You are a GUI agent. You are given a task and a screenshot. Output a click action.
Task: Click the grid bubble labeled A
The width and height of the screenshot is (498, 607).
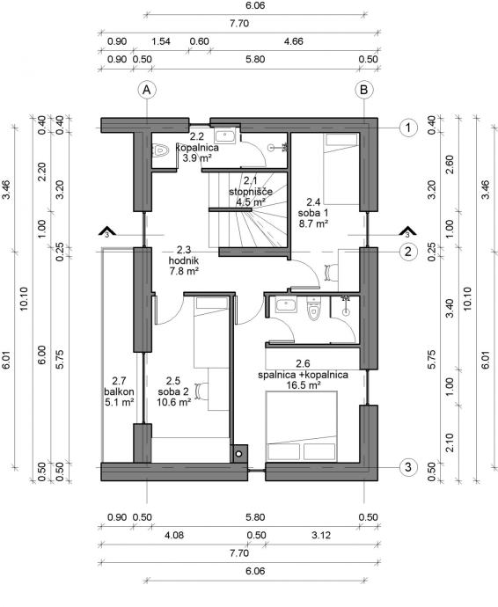point(147,90)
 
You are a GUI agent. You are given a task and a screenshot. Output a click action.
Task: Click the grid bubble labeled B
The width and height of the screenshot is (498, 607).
point(364,90)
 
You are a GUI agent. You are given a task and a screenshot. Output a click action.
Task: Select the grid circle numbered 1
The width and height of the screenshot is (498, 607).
point(408,128)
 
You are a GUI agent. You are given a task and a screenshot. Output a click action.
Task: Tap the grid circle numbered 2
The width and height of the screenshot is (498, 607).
point(408,252)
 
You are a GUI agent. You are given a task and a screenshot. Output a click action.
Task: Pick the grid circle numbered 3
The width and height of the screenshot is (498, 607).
point(408,467)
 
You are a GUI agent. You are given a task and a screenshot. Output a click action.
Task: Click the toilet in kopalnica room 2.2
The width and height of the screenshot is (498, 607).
point(160,150)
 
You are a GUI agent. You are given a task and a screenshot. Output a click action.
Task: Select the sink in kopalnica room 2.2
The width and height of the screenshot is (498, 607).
point(225,137)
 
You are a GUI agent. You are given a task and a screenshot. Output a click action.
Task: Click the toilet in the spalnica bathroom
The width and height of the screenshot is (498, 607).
point(313,308)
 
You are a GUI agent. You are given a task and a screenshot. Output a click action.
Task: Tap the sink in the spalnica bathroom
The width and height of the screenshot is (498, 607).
point(286,304)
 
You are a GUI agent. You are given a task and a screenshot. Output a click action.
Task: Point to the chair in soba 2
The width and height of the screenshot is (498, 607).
point(201,391)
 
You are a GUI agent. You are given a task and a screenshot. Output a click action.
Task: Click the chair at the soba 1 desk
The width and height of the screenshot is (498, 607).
point(329,271)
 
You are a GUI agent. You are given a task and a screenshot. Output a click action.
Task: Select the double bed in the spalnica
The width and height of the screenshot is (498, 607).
point(301,426)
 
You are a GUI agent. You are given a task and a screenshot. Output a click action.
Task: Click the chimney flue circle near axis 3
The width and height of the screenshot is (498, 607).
point(239,453)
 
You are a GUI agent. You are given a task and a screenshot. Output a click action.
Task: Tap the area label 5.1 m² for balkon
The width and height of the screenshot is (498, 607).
point(120,402)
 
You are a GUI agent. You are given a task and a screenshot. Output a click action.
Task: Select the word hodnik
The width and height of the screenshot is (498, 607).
point(184,260)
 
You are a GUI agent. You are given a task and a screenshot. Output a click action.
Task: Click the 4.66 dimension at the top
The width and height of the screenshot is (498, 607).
point(293,41)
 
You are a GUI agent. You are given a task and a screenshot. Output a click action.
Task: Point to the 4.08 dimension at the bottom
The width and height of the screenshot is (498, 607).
point(174,535)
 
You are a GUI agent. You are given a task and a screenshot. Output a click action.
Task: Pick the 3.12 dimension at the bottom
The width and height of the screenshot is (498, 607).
point(321,535)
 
